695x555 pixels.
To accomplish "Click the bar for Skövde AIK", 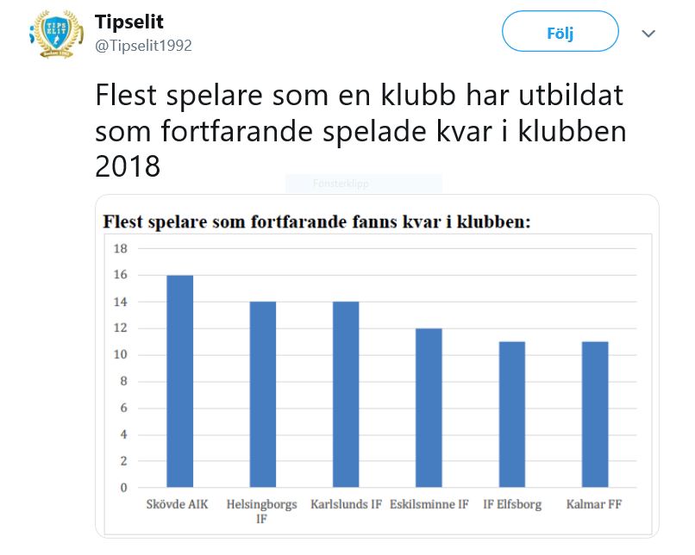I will tap(179, 381).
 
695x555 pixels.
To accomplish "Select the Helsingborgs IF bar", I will tap(263, 394).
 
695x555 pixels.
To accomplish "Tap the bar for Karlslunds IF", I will tap(346, 394).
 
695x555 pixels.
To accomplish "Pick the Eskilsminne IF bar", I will tap(429, 408).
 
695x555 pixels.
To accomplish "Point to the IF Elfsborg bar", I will tap(511, 414).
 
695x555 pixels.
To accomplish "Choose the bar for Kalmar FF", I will tap(595, 414).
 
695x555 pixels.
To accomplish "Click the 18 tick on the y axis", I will tap(121, 249).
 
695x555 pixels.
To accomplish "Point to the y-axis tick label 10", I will tap(121, 355).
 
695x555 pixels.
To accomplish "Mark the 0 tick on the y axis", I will tap(123, 488).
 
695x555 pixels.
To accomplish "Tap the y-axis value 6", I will tap(123, 408).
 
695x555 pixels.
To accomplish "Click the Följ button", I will tap(560, 34).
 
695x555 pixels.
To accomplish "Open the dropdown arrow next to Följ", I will tap(648, 34).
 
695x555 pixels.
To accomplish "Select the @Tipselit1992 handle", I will tap(143, 46).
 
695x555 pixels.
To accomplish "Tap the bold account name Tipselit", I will tap(129, 22).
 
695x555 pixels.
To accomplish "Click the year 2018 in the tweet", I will tap(128, 165).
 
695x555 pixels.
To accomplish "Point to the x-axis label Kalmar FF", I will tap(594, 504).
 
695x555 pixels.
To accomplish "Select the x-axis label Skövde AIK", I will tap(179, 504).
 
